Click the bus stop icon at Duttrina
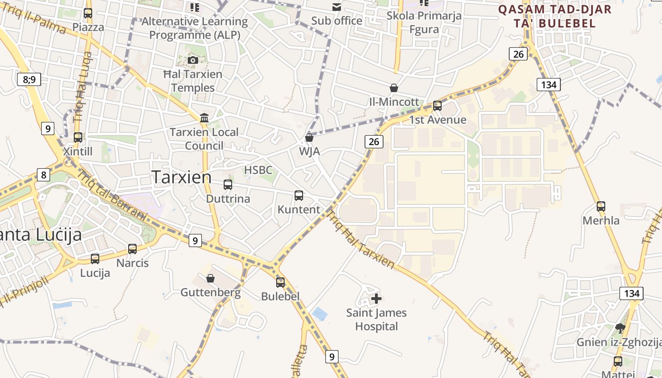click(x=228, y=185)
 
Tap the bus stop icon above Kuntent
click(x=299, y=196)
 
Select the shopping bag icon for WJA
click(x=309, y=137)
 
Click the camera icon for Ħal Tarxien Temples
click(x=193, y=60)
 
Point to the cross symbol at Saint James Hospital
click(x=376, y=299)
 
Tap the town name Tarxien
click(x=182, y=177)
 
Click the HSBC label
click(x=258, y=170)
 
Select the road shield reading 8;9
click(x=29, y=79)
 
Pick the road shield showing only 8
click(x=44, y=175)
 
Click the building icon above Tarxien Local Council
click(x=204, y=118)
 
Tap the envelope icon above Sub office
click(x=337, y=7)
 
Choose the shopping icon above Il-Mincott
click(x=393, y=88)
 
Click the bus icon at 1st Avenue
click(x=437, y=106)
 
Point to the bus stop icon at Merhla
click(x=601, y=206)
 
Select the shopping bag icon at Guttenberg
click(x=210, y=278)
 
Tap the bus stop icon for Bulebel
click(x=280, y=283)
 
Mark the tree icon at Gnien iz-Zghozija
click(x=620, y=327)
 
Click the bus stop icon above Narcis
click(x=132, y=249)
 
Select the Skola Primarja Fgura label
click(x=424, y=22)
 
